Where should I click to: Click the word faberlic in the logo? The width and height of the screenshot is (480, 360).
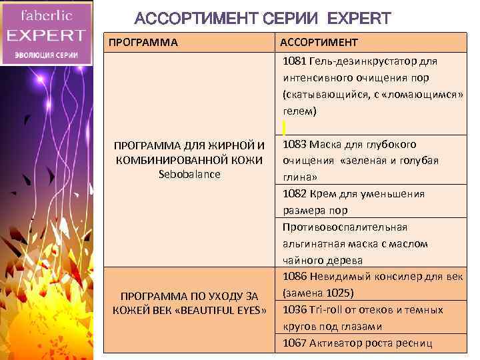tap(45, 15)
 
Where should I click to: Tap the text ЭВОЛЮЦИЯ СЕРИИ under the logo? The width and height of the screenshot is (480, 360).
tap(45, 55)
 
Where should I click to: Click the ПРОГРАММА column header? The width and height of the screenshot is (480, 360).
tap(143, 43)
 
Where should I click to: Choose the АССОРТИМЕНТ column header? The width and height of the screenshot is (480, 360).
tap(319, 43)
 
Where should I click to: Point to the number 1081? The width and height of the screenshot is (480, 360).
tap(294, 61)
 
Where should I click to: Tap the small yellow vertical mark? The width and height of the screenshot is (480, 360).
tap(284, 127)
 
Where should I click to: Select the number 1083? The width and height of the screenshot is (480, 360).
tap(294, 144)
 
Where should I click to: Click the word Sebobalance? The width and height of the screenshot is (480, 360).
tap(189, 174)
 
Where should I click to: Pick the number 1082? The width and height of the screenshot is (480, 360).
tap(294, 194)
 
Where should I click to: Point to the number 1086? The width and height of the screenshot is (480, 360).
tap(294, 277)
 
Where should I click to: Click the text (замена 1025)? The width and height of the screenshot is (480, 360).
tap(318, 293)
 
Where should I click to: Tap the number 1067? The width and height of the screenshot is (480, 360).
tap(294, 343)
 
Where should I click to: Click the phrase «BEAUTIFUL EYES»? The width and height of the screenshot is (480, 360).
tap(221, 310)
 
